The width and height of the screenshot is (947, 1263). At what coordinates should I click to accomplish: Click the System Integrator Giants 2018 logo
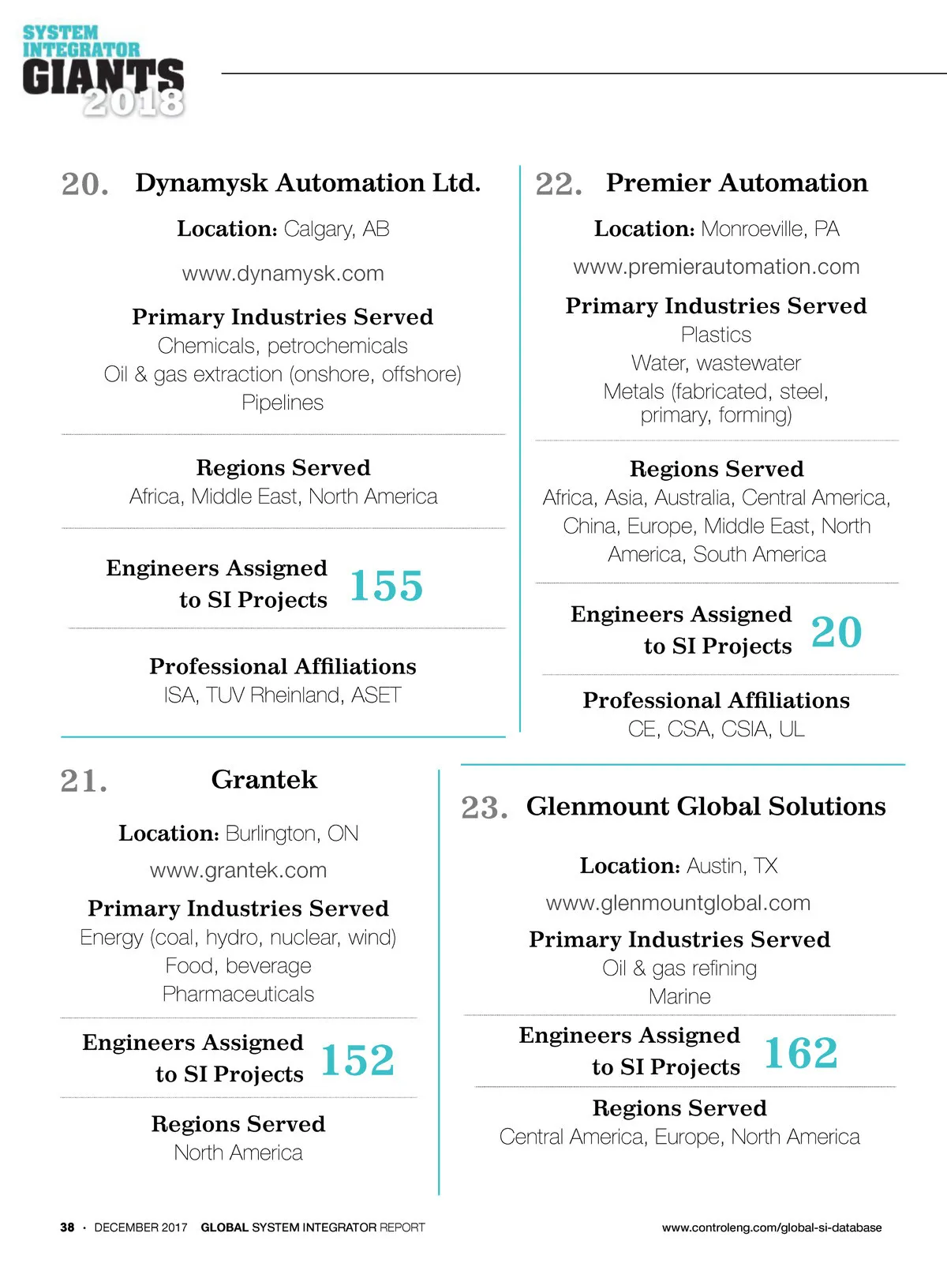click(x=103, y=71)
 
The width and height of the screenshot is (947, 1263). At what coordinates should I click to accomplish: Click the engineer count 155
click(x=386, y=586)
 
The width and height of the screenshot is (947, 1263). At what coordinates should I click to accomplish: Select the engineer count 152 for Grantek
click(x=357, y=1059)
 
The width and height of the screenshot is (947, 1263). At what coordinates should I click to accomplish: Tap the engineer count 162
click(x=800, y=1052)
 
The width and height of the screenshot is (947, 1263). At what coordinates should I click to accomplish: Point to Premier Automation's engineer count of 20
click(x=837, y=631)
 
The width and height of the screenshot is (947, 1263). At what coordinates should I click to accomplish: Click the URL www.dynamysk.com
click(x=283, y=273)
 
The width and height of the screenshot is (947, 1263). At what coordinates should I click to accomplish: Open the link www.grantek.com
click(x=238, y=870)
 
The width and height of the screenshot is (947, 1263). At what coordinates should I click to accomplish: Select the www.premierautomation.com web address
click(x=717, y=267)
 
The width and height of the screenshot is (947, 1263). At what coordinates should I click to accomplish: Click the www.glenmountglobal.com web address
click(x=679, y=902)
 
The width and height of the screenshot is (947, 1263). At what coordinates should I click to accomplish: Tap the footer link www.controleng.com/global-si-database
click(x=772, y=1227)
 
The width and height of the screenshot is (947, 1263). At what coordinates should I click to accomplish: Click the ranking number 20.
click(x=84, y=184)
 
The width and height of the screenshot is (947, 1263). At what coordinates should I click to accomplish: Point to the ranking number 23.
click(x=484, y=808)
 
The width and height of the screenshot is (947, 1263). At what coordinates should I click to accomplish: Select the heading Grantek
click(x=264, y=779)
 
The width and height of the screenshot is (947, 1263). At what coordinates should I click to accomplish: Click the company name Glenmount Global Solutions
click(x=706, y=806)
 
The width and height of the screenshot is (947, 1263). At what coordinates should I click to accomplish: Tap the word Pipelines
click(x=283, y=403)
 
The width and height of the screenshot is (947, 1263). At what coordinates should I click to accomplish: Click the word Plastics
click(x=717, y=335)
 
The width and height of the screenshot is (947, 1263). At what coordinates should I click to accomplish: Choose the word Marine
click(x=679, y=996)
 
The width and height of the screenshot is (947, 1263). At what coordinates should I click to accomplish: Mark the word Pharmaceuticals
click(x=238, y=994)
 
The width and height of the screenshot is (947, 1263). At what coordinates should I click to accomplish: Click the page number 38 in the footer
click(x=68, y=1227)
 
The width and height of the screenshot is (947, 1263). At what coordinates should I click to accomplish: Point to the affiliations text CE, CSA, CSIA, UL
click(x=717, y=729)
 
